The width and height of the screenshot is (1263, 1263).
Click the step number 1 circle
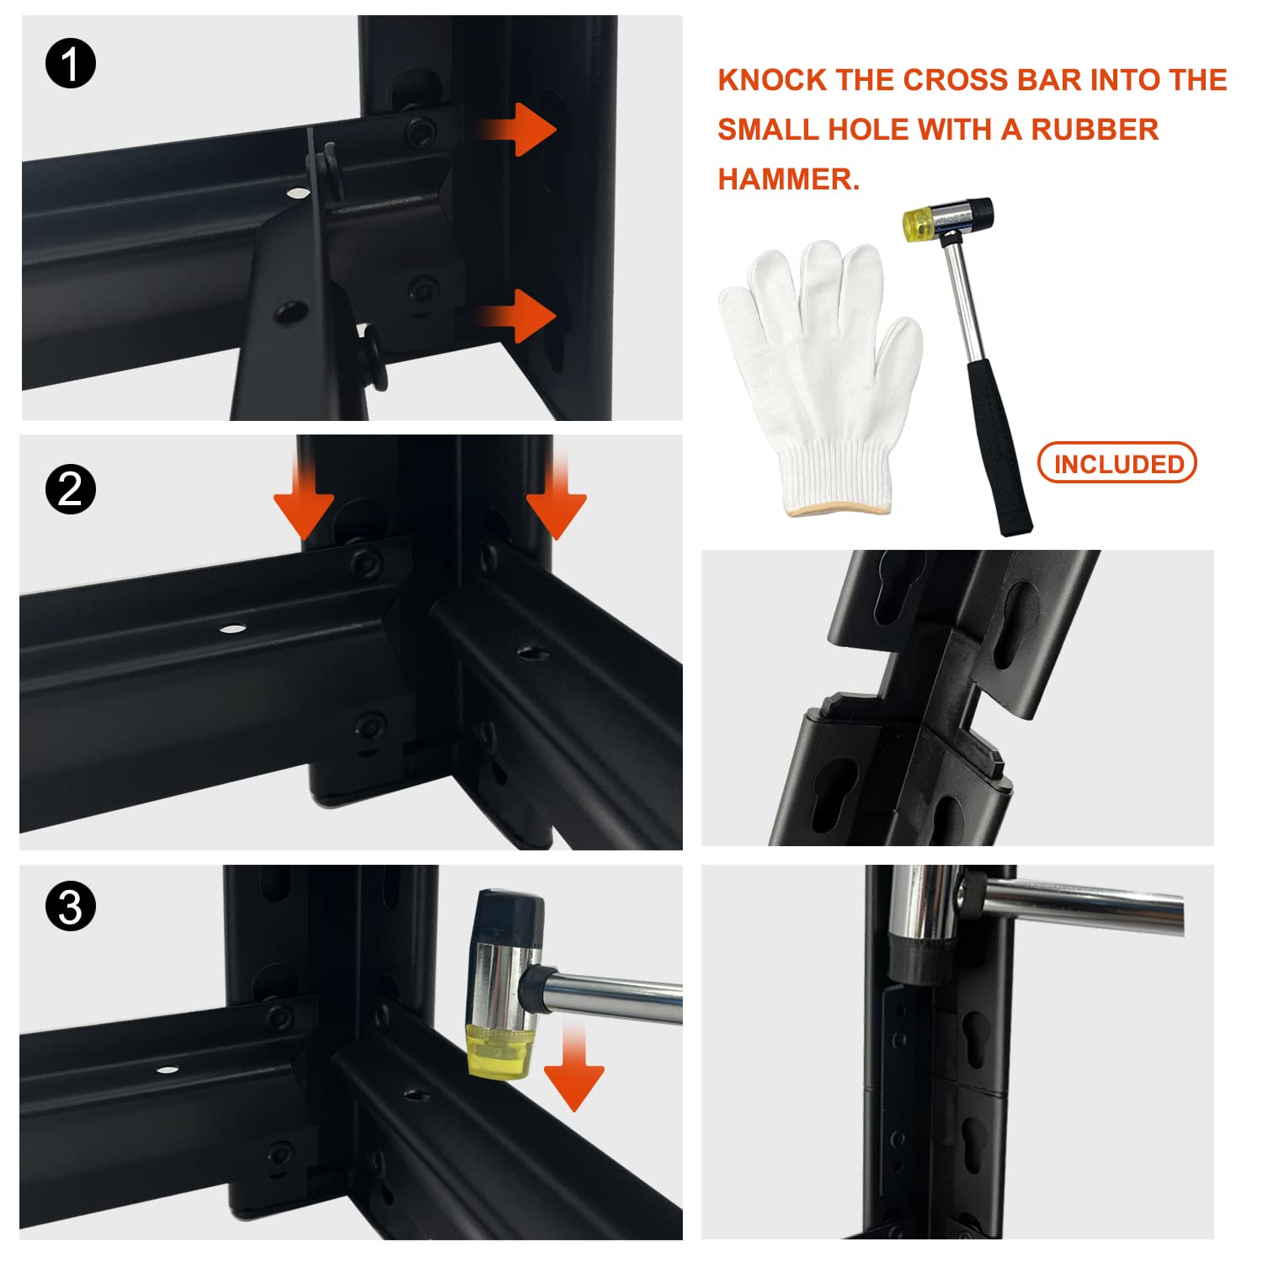[x=71, y=64]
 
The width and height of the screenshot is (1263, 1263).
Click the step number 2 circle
[x=71, y=489]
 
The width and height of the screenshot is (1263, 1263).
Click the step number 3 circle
[x=71, y=907]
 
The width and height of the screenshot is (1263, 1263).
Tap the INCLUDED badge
[x=1117, y=463]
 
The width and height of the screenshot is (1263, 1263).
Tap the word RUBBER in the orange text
[x=1095, y=130]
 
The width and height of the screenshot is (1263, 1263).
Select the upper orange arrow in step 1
[x=514, y=130]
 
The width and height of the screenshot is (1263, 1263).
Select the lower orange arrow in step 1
[x=514, y=316]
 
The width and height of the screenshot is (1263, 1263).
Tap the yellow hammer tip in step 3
[x=500, y=1052]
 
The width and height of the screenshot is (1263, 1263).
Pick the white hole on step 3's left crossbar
[x=167, y=1071]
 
